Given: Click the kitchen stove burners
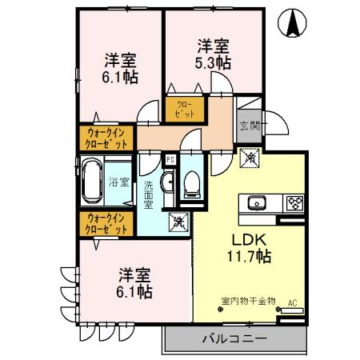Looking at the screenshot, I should [293, 201].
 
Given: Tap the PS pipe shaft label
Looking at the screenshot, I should [170, 158].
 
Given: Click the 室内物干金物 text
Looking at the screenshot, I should [248, 302].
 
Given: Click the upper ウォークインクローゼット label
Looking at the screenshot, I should [106, 139].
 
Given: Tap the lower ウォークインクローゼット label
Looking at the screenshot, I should [106, 223].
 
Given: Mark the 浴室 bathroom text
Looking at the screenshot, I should [122, 182].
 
